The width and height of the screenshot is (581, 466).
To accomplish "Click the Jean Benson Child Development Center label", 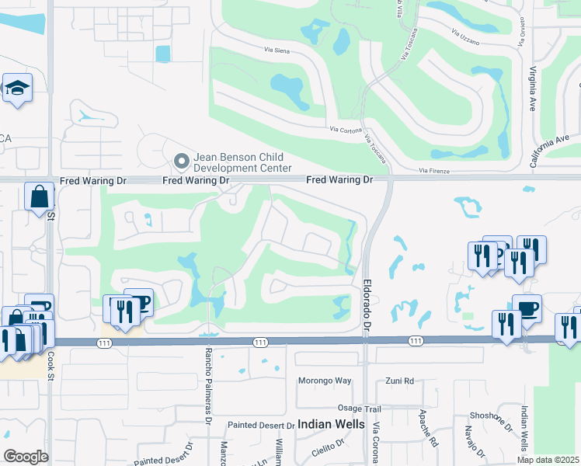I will point(242,162).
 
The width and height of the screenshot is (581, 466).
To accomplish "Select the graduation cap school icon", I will point(16,89).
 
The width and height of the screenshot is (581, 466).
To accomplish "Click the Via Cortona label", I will point(346,130).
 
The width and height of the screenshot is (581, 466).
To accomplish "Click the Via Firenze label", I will point(434,170).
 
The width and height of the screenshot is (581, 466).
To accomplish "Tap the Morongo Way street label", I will point(325,381).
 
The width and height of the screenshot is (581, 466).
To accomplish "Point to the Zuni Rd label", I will point(400,381).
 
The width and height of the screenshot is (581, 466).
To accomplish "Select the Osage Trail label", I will point(360,409).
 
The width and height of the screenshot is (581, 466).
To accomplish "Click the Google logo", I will point(26,457).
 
